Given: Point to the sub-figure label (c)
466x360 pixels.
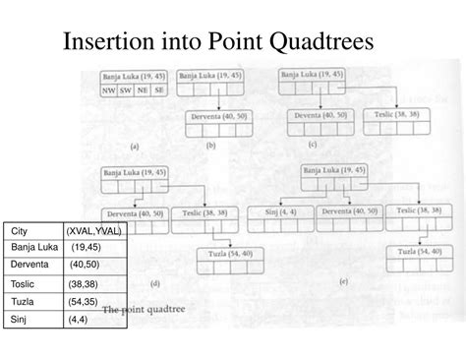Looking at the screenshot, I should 312,144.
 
